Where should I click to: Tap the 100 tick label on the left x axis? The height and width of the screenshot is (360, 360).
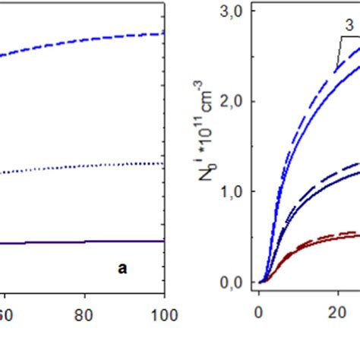pos(162,311)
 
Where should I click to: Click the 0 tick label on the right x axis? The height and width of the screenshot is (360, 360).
pos(259,311)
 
